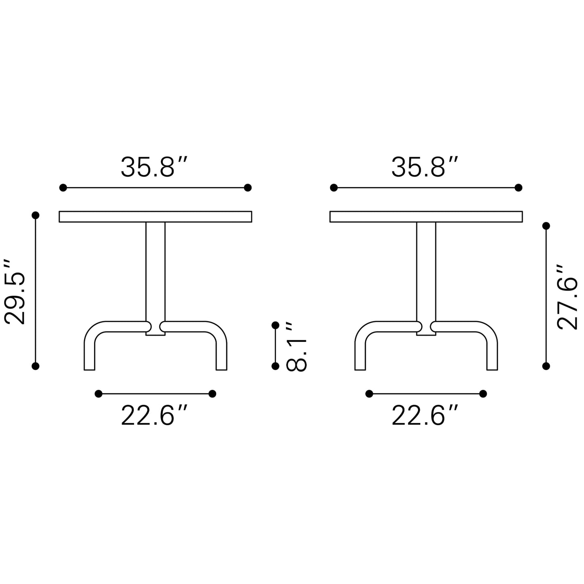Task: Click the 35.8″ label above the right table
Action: tap(425, 167)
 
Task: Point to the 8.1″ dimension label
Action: tap(297, 346)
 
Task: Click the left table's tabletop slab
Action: tap(155, 217)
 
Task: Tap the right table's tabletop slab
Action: tap(426, 217)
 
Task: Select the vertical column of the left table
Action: tap(155, 271)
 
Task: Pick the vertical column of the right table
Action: tap(426, 271)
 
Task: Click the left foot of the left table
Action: tap(90, 356)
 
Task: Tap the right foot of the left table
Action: tap(221, 356)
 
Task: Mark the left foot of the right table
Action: tap(360, 356)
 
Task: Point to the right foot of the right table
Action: tap(492, 356)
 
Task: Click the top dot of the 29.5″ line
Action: tap(36, 215)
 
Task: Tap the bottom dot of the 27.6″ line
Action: tap(546, 366)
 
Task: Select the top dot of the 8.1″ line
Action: tap(276, 325)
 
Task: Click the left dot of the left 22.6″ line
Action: tap(98, 394)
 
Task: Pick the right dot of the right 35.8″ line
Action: tap(519, 188)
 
